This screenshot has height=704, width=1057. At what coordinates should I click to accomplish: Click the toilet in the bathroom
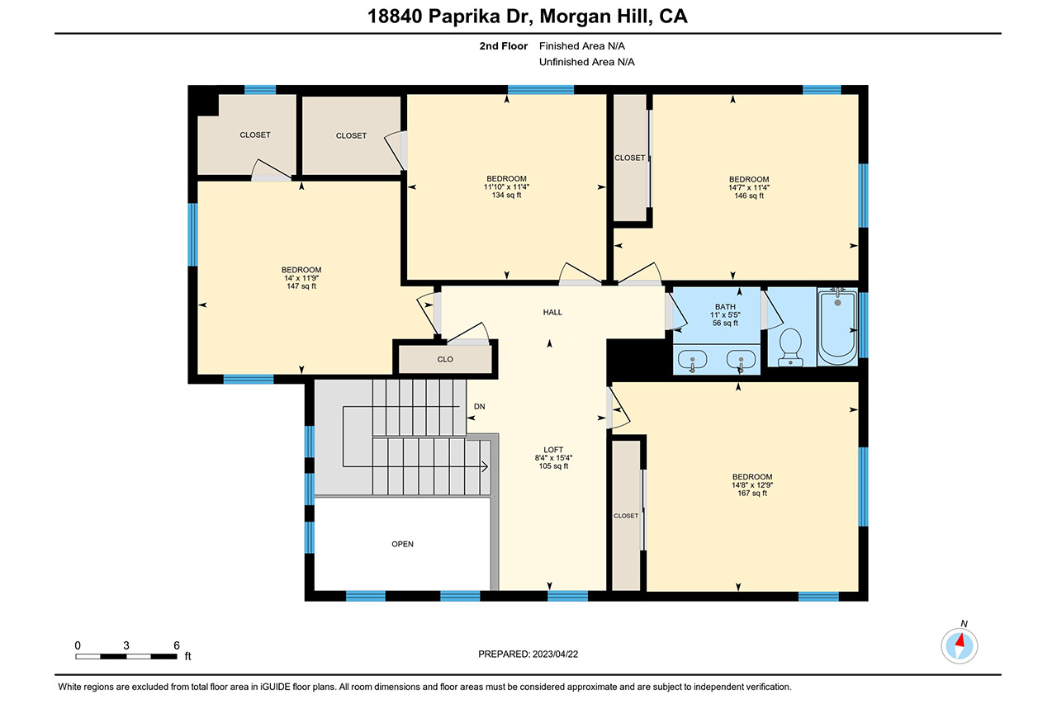tap(790, 347)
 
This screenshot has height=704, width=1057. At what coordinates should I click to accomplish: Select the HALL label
tap(552, 312)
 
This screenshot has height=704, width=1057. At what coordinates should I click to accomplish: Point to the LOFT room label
tap(553, 450)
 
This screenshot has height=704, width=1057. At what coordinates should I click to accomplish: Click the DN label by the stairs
tap(480, 406)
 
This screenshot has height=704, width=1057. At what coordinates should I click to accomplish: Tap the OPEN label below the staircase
tap(402, 544)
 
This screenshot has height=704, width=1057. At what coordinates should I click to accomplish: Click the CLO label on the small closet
tap(445, 359)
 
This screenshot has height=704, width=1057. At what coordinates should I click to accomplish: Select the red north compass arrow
tap(960, 640)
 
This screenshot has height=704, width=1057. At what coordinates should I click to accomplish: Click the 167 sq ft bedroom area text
tap(752, 494)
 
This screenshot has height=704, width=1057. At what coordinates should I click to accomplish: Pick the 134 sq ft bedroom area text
tap(506, 196)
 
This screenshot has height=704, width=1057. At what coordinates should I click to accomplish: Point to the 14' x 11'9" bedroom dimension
tap(301, 278)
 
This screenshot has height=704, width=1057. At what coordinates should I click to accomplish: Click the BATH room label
tap(725, 307)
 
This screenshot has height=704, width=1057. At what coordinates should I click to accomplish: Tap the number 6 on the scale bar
tap(177, 645)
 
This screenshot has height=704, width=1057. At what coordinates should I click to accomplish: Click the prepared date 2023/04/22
tap(556, 654)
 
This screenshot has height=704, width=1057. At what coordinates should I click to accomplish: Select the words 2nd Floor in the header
tap(504, 46)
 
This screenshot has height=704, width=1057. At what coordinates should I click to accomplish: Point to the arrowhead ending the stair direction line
tap(485, 467)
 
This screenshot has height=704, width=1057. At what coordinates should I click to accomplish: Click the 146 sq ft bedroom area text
tap(749, 196)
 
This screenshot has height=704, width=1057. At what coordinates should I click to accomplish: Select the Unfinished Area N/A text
tap(586, 62)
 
